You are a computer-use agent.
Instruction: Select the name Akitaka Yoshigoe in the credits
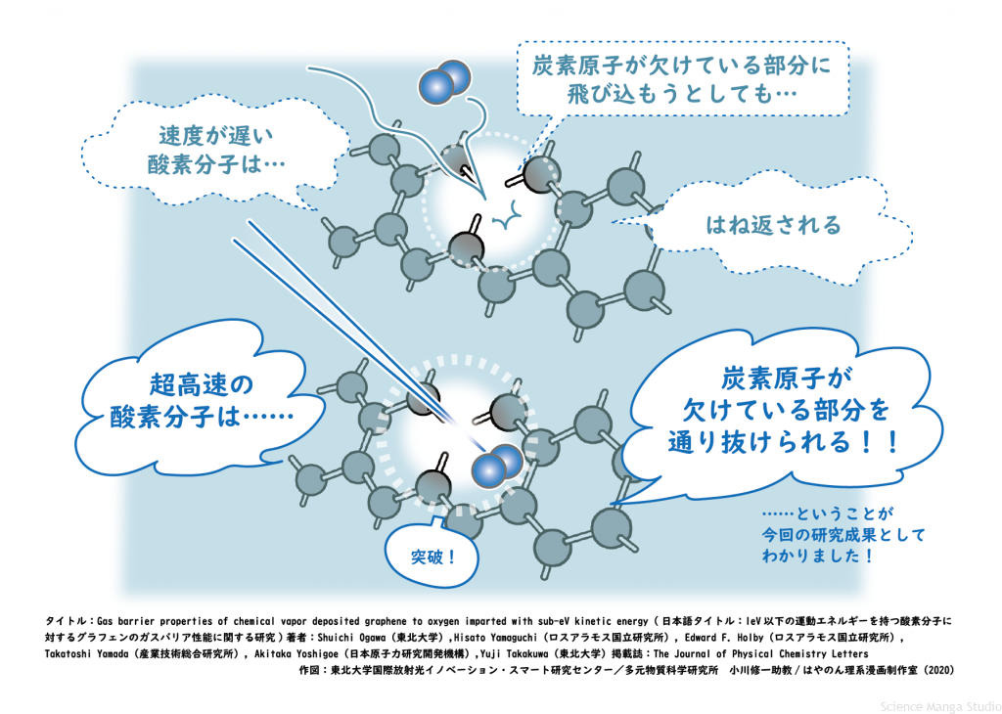[x=299, y=653]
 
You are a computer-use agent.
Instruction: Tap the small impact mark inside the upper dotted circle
[x=506, y=221]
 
